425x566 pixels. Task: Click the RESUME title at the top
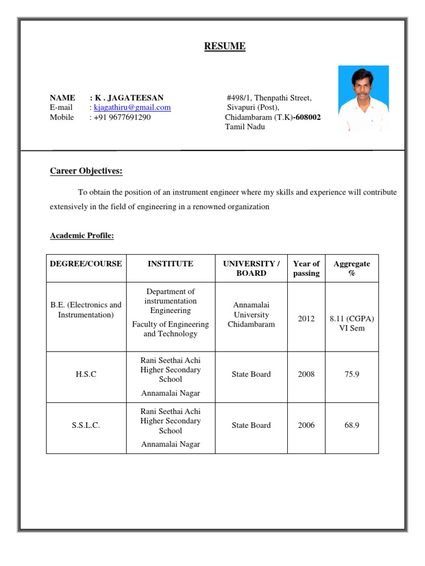point(225,46)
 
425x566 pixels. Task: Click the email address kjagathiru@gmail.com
point(132,108)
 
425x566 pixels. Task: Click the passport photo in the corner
point(363,98)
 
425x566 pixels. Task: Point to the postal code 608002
point(307,117)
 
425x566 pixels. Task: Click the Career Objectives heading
point(86,171)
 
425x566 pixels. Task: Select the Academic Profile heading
point(82,235)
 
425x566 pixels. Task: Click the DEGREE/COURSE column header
point(86,264)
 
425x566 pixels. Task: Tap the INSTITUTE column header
point(170,264)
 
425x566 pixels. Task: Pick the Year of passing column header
point(306,268)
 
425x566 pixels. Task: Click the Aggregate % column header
point(351,268)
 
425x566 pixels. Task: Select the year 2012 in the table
point(306,319)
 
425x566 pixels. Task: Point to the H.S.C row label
point(86,374)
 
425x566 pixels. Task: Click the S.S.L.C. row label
point(86,426)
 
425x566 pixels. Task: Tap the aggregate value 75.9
point(351,374)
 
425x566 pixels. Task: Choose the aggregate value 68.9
point(351,425)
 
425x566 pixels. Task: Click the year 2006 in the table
point(306,425)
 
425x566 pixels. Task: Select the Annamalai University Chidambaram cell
point(251,315)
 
